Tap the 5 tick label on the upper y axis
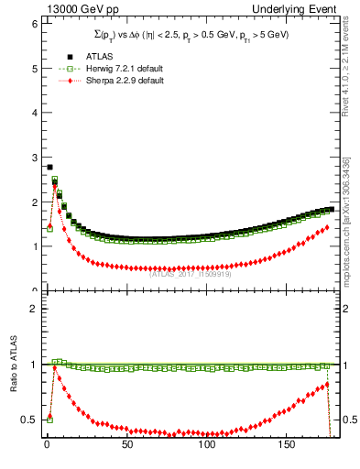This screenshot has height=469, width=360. [32, 69]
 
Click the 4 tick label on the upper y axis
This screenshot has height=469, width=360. [32, 114]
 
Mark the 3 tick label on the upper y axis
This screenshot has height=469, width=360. [32, 158]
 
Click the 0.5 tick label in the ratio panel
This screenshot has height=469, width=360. [28, 420]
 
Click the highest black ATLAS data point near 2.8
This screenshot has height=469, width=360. [49, 167]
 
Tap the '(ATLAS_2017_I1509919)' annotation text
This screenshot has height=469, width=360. [191, 273]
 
